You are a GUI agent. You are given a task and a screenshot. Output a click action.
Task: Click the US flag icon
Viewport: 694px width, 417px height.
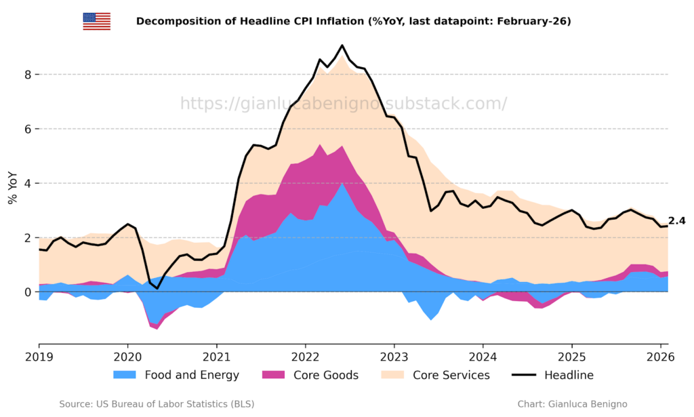click(97, 21)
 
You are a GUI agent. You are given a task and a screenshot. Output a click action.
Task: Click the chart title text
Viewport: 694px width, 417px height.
click(353, 21)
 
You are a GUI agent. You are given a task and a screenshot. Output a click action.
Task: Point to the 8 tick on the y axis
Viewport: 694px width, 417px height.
click(27, 75)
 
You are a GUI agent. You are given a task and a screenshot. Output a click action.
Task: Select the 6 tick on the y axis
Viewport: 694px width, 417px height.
click(27, 129)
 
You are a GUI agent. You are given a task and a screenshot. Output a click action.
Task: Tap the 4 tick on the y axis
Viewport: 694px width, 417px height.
click(27, 183)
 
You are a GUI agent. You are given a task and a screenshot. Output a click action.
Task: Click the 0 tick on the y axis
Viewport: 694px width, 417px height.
click(27, 292)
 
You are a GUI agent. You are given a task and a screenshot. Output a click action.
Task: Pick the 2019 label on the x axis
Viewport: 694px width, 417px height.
click(39, 357)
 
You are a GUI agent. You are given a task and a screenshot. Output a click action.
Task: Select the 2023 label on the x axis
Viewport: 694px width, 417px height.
click(394, 357)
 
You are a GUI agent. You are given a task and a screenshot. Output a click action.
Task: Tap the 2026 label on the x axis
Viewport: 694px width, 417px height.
click(660, 357)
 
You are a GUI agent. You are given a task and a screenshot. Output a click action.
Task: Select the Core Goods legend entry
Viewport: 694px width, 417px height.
click(310, 375)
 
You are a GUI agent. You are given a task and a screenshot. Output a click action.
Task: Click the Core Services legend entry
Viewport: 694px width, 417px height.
click(441, 375)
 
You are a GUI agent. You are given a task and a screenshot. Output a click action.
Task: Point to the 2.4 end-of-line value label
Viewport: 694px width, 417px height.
click(677, 221)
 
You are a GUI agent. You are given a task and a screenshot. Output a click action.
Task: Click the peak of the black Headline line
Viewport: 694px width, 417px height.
click(342, 46)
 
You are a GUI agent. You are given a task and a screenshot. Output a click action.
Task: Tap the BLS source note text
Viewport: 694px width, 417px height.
click(157, 404)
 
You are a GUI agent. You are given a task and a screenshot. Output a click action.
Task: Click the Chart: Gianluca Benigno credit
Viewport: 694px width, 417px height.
click(572, 404)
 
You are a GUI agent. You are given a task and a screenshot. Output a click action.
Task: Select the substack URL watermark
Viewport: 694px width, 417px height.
click(343, 104)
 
